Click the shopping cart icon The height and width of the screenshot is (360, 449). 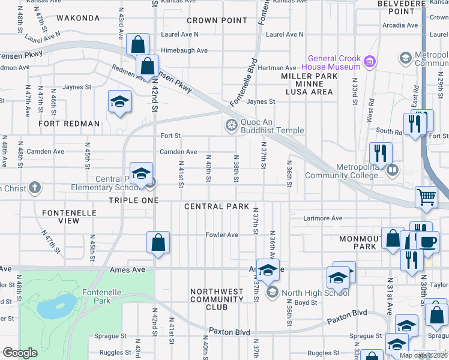pyautogui.click(x=426, y=197)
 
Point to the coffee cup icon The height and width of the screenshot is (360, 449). pyautogui.click(x=427, y=241)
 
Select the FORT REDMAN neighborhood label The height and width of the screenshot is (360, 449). pyautogui.click(x=69, y=124)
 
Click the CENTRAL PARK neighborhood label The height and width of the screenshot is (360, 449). pyautogui.click(x=217, y=206)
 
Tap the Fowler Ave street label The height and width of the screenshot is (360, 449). pyautogui.click(x=222, y=235)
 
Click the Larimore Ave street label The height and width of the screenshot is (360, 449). pyautogui.click(x=323, y=218)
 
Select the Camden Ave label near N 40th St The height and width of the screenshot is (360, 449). pyautogui.click(x=178, y=152)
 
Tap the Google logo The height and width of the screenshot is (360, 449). pyautogui.click(x=20, y=353)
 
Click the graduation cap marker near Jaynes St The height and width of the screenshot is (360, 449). pyautogui.click(x=119, y=101)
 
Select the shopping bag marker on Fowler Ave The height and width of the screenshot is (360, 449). pyautogui.click(x=158, y=242)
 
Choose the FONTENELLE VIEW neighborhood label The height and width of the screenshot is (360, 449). pyautogui.click(x=61, y=216)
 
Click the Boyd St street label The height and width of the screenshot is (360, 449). pyautogui.click(x=306, y=303)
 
